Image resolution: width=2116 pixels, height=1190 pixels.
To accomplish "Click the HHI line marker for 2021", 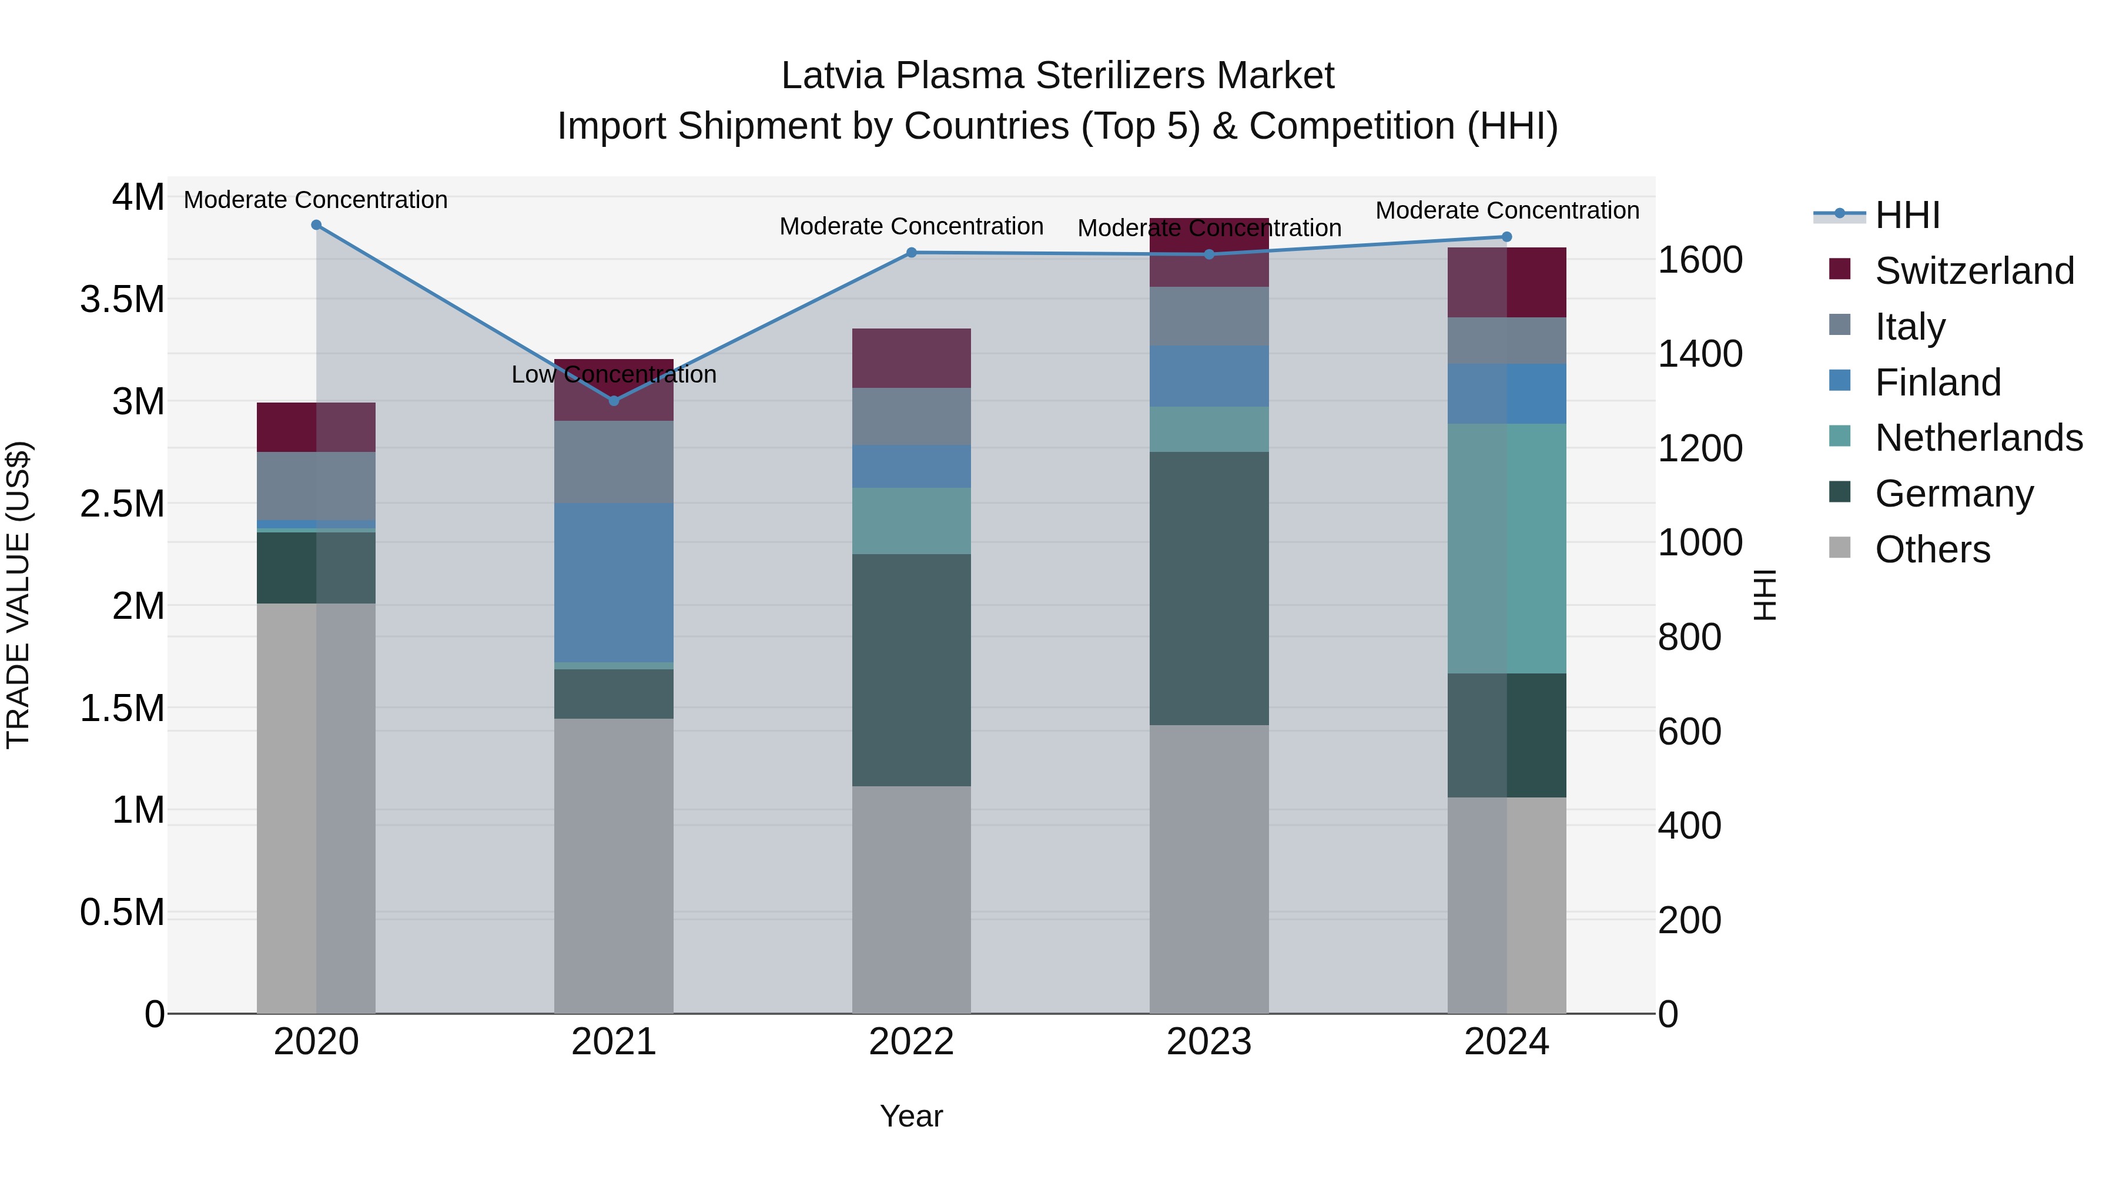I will pos(614,401).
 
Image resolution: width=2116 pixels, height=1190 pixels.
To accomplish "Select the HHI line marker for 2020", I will pos(316,225).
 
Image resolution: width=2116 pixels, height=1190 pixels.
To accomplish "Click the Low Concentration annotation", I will pos(614,374).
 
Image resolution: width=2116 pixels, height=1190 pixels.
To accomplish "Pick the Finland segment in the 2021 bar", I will pos(614,582).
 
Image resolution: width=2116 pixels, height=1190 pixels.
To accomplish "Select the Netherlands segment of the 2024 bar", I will pos(1506,549).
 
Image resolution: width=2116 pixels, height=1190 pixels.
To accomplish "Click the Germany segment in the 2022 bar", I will pos(911,669).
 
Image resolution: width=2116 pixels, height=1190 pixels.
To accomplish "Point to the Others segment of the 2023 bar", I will pos(1208,869).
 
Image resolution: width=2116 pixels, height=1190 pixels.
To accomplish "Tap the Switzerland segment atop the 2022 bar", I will pos(911,358).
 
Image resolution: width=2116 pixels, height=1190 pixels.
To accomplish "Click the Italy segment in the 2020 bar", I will pos(316,485).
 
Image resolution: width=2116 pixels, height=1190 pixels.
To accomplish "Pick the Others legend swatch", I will pos(1839,548).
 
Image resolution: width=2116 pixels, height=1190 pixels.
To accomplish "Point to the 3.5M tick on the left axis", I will pos(122,300).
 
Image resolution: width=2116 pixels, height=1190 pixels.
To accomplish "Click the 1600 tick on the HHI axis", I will pos(1699,260).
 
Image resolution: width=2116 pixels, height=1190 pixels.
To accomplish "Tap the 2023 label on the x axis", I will pos(1208,1042).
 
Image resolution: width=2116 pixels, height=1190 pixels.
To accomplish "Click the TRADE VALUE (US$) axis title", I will pos(18,595).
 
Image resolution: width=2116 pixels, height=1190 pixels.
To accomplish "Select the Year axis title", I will pos(911,1116).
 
